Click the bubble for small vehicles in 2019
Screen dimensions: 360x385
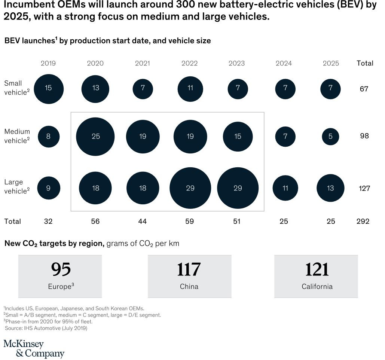[48, 89]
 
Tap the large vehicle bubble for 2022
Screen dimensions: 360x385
[190, 188]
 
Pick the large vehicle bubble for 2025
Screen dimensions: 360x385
[330, 188]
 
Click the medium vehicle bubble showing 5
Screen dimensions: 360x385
[330, 137]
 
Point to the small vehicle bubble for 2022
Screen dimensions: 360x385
[190, 89]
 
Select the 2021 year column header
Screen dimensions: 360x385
[143, 63]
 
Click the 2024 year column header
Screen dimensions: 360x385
[284, 63]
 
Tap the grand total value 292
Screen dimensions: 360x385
[363, 222]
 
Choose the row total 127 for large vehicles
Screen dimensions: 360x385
[364, 188]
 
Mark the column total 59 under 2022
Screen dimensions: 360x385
[190, 222]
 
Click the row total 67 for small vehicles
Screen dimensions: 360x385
[364, 89]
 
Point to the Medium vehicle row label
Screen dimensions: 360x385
[17, 136]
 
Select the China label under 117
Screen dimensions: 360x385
[189, 287]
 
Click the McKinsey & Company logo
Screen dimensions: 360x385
[34, 349]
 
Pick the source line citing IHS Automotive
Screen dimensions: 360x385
[46, 328]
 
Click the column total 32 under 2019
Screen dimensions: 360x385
[48, 222]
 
